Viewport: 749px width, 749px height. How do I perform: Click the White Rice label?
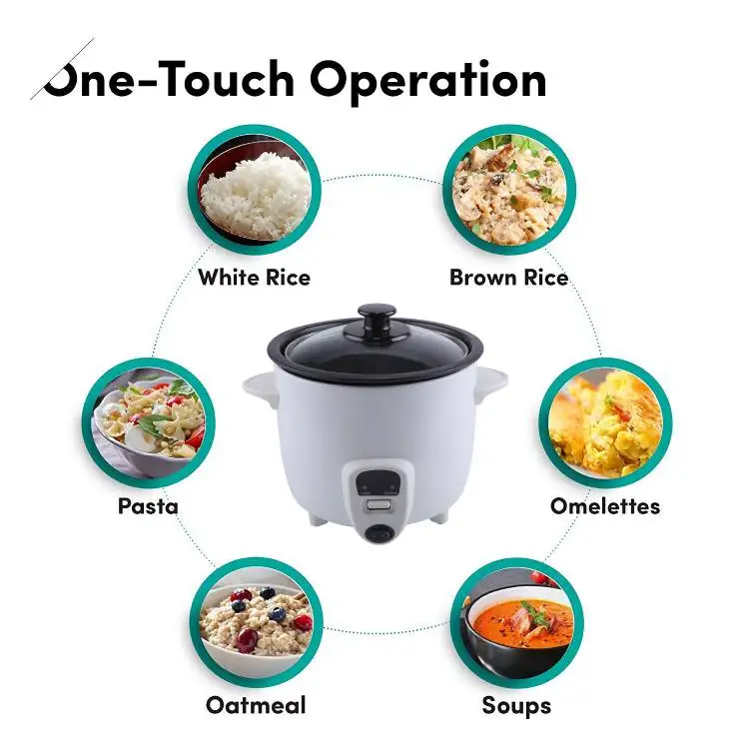(254, 277)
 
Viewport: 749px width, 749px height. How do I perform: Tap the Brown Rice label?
(508, 277)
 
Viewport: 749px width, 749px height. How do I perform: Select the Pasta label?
(148, 505)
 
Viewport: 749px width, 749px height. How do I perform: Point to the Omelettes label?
(604, 505)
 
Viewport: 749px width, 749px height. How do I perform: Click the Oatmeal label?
(256, 705)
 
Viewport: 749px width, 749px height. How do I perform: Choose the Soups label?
(516, 705)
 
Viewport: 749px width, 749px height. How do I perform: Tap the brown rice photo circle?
(508, 190)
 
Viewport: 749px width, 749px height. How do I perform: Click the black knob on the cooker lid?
(374, 322)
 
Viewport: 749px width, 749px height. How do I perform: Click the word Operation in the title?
(429, 80)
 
